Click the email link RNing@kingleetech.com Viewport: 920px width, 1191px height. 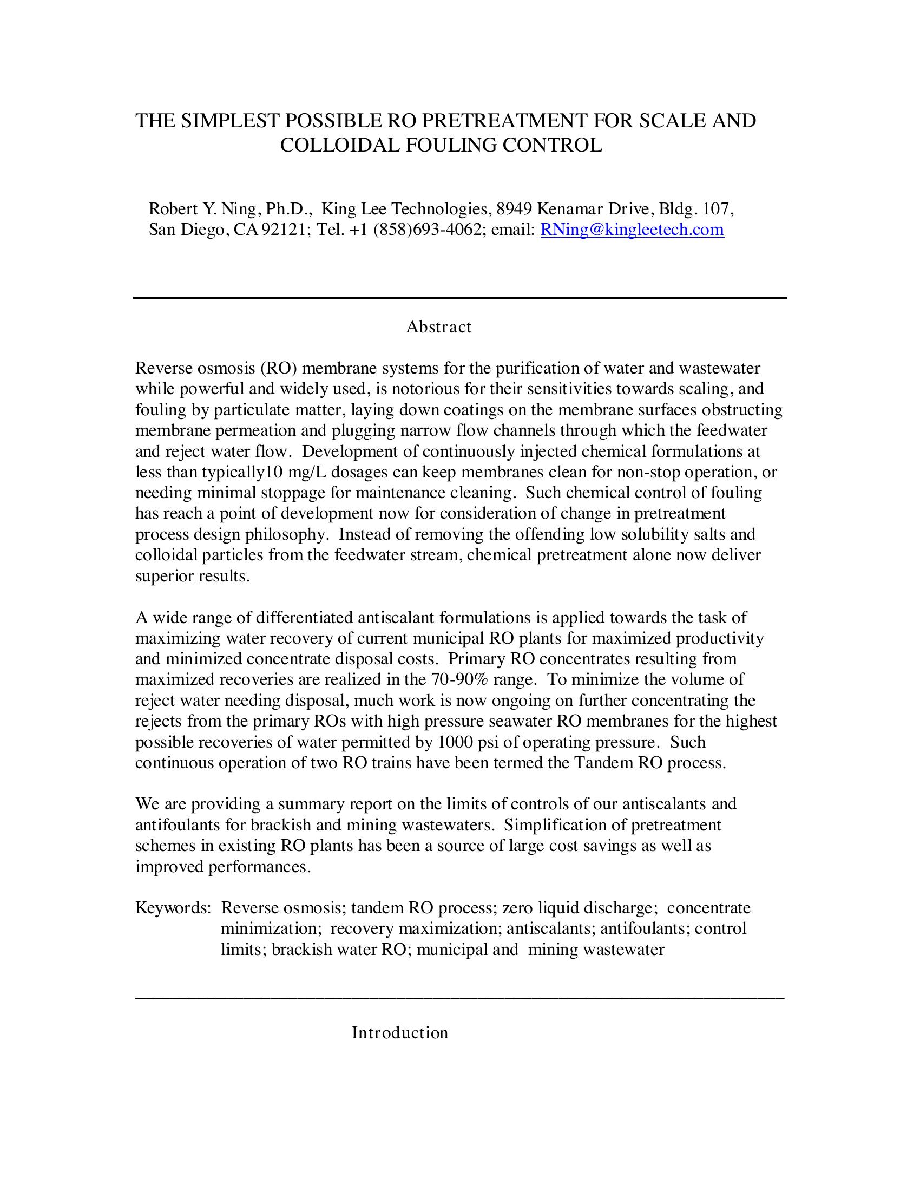[632, 230]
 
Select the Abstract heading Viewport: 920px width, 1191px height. [439, 327]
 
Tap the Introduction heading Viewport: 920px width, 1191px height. [399, 1033]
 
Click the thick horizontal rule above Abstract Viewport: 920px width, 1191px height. [460, 298]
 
